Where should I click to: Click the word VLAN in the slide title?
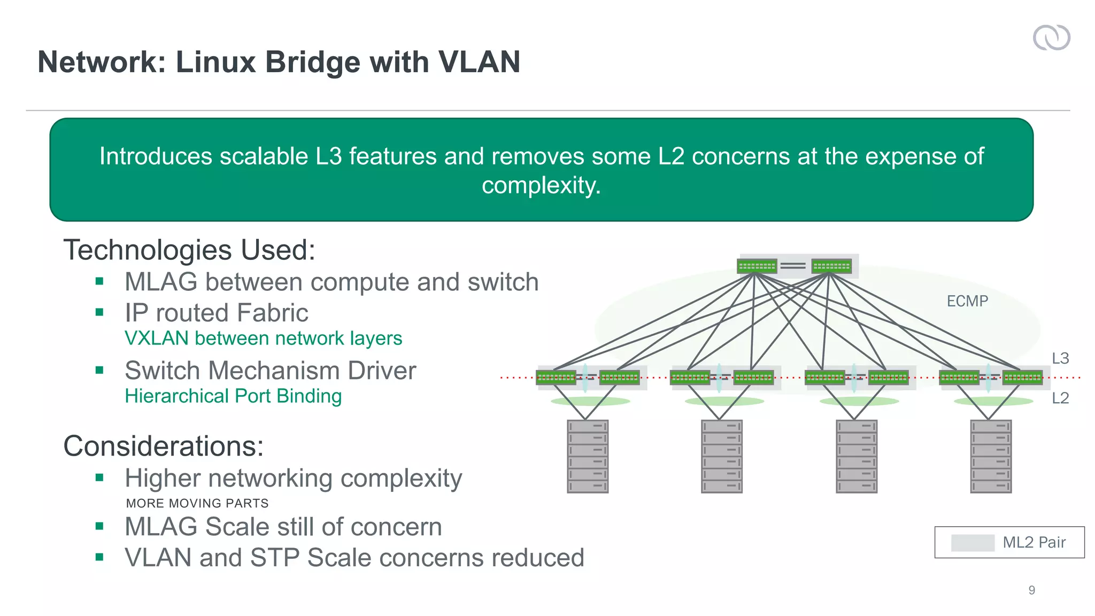click(x=479, y=62)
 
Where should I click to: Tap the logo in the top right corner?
click(x=1051, y=37)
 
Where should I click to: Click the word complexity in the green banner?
click(x=541, y=185)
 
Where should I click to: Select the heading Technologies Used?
click(x=189, y=250)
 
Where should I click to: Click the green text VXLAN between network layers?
click(x=263, y=338)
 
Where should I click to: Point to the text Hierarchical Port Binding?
click(x=233, y=396)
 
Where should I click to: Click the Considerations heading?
click(x=164, y=445)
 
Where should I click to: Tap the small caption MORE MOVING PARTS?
click(x=197, y=503)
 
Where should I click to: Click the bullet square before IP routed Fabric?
click(x=99, y=312)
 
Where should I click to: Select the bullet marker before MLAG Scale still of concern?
click(x=99, y=526)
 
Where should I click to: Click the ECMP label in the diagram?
click(x=967, y=301)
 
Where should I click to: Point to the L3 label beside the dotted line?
click(x=1060, y=358)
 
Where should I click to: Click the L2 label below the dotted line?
click(x=1060, y=398)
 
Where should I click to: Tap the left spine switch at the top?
click(x=757, y=266)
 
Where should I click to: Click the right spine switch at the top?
click(x=831, y=266)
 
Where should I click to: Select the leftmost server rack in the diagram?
click(x=588, y=456)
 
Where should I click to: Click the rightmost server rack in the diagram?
click(x=991, y=456)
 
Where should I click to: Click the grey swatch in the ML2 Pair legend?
click(x=973, y=542)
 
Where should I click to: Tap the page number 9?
click(x=1031, y=590)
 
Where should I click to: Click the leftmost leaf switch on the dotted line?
click(x=556, y=378)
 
